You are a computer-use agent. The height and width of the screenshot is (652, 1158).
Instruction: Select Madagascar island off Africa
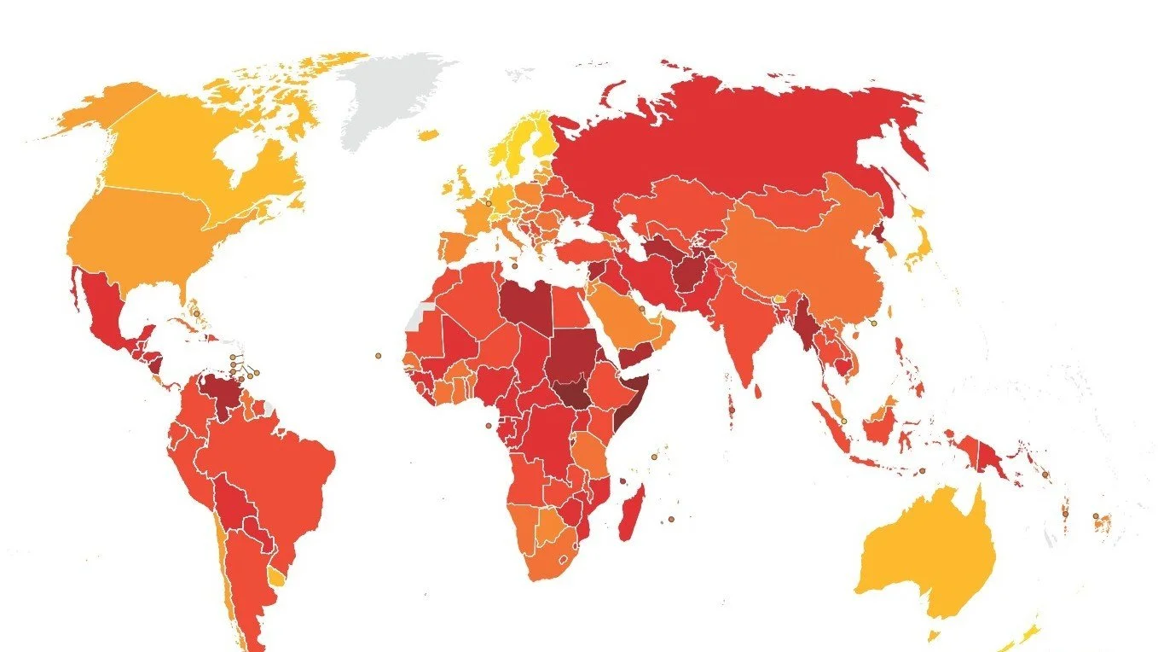(x=631, y=512)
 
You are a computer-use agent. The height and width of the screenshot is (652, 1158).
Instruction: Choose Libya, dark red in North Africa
(x=524, y=307)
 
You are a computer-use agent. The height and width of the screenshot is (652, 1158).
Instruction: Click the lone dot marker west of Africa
(x=378, y=356)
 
